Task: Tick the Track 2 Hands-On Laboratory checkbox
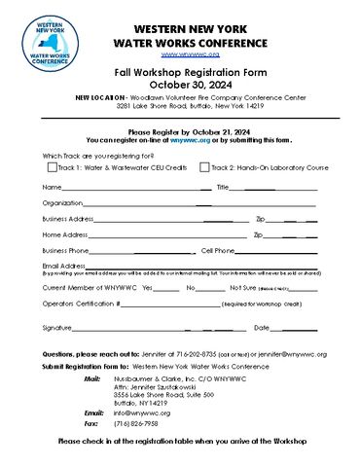tap(205, 167)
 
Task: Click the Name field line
tap(126, 188)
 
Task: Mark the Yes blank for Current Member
tap(166, 289)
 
